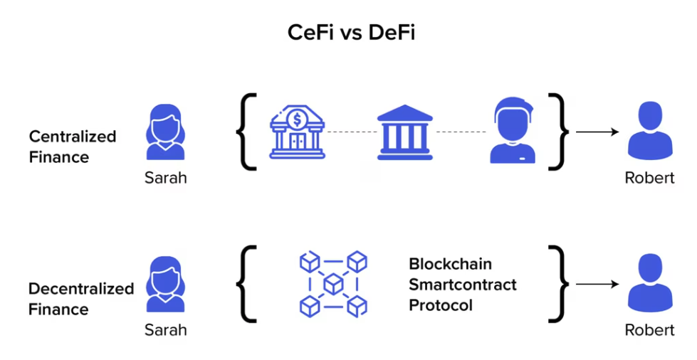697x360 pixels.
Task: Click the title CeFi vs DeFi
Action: [348, 33]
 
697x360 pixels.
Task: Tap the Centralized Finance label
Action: [72, 146]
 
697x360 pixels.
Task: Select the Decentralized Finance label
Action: [80, 299]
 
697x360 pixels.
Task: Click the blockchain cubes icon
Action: [332, 284]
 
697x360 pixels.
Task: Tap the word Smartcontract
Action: [462, 285]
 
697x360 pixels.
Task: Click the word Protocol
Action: [440, 305]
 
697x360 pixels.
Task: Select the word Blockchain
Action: [450, 264]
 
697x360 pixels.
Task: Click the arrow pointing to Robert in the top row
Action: [597, 132]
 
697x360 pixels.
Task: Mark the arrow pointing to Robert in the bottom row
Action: [597, 285]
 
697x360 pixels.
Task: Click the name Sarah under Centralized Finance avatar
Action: [165, 177]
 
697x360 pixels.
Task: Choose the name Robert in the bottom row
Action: [649, 330]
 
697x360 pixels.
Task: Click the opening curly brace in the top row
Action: [246, 132]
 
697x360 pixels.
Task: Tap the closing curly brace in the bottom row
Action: [560, 285]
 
